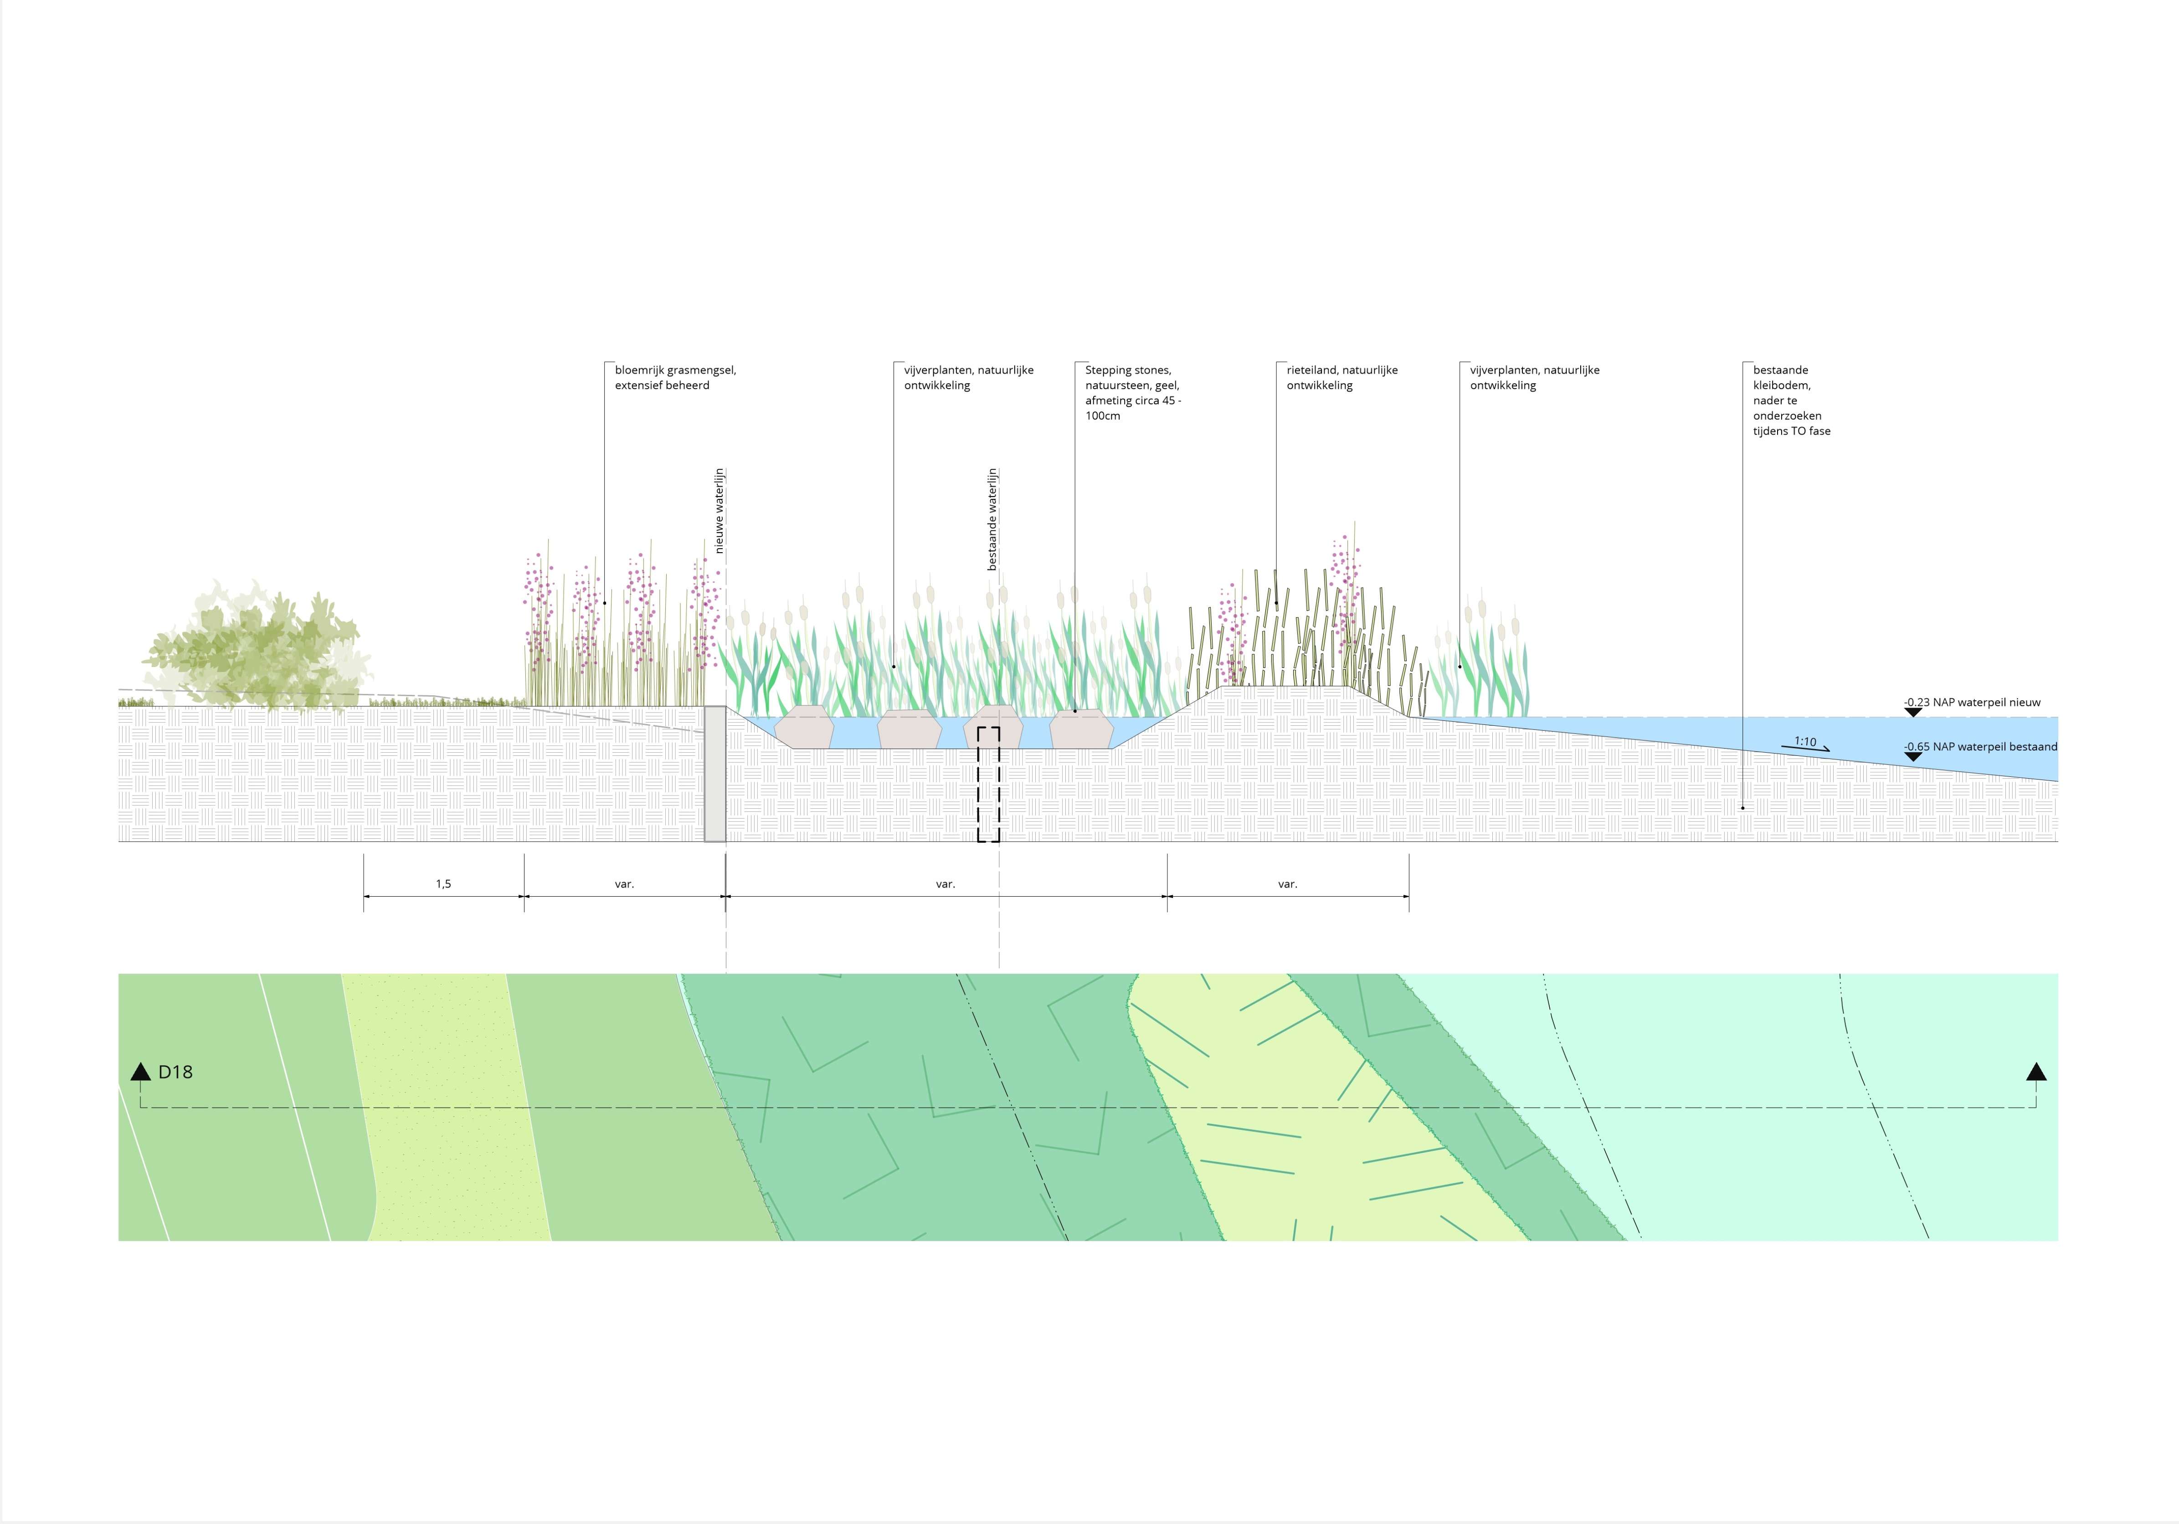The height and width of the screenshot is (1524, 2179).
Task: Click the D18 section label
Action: (x=175, y=1072)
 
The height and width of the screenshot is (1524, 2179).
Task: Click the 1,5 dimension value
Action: (x=443, y=883)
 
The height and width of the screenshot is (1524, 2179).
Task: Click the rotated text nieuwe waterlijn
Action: (x=719, y=511)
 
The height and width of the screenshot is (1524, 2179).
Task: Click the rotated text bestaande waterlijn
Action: (x=993, y=519)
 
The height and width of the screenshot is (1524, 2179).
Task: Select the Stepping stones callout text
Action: (x=1133, y=393)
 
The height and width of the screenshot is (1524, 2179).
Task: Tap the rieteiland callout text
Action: (x=1342, y=378)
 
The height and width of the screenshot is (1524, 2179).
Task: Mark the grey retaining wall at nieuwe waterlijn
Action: (x=714, y=773)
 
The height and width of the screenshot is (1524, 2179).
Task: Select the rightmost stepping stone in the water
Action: (x=1081, y=728)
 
